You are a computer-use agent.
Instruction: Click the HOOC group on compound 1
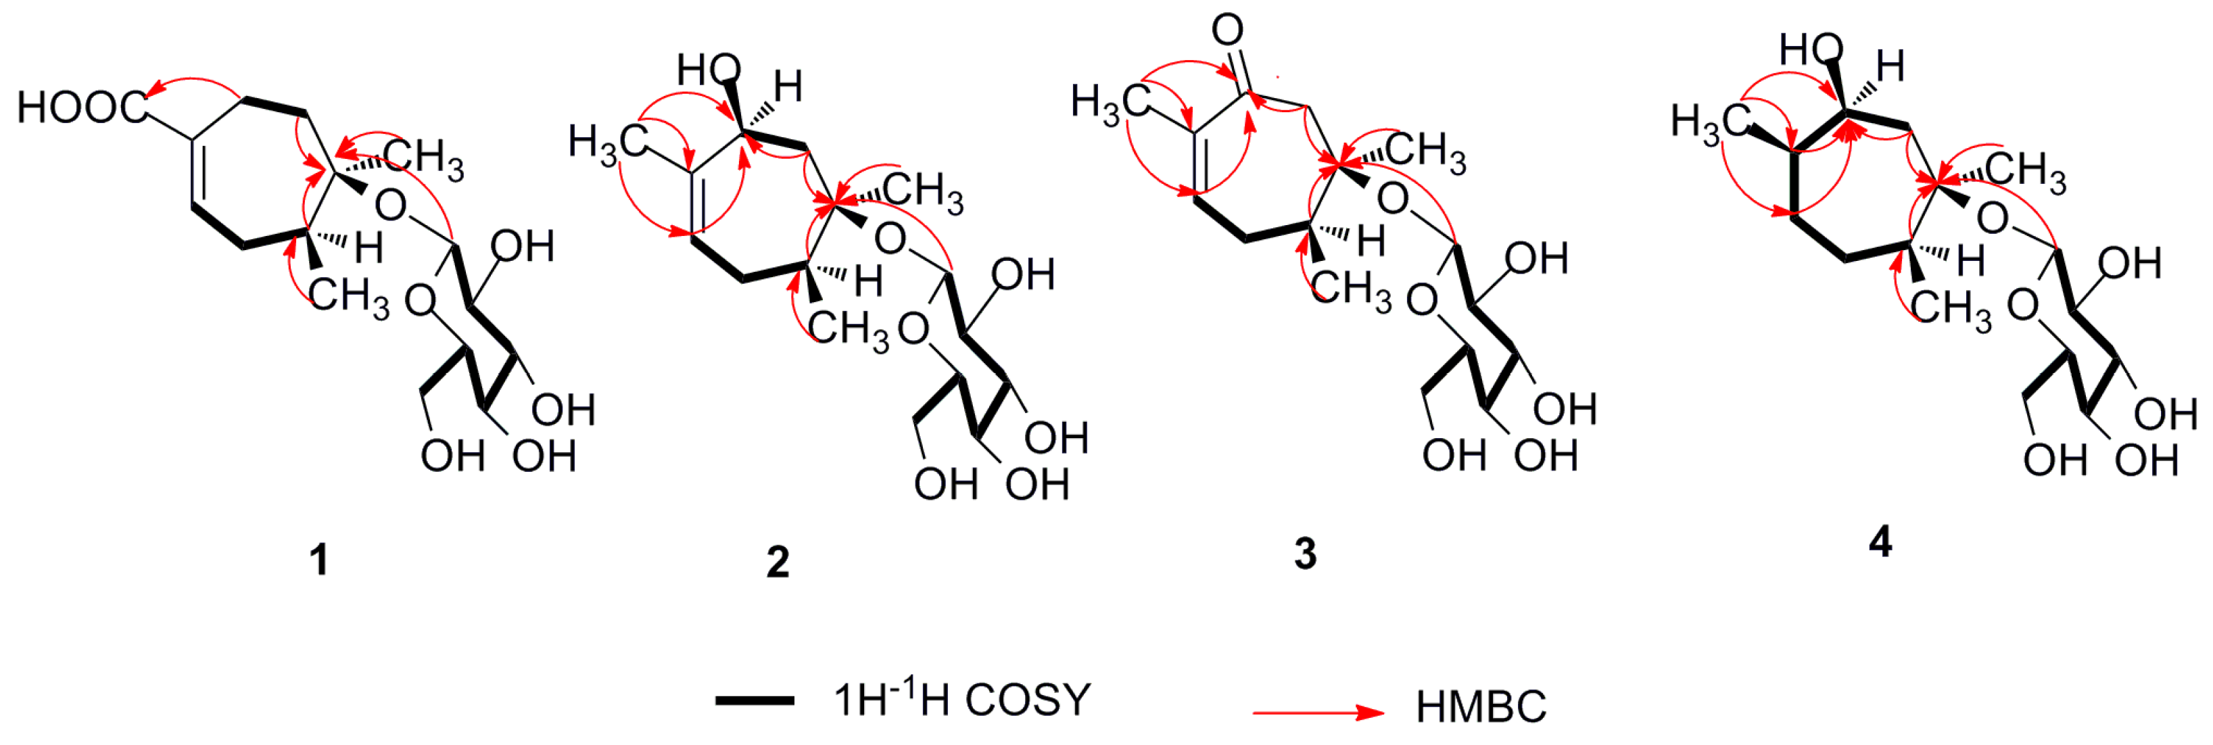(82, 107)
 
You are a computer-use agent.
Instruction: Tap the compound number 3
(1305, 554)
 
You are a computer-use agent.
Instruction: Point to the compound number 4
(1880, 542)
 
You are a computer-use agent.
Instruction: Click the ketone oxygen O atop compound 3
(1228, 31)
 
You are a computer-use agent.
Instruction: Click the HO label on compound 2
(708, 70)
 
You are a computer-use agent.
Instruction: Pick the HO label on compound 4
(1810, 51)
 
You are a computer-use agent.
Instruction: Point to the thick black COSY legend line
(755, 701)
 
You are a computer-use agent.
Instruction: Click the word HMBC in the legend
(1480, 707)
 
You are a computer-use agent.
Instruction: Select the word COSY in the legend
(1028, 700)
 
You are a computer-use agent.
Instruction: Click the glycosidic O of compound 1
(391, 206)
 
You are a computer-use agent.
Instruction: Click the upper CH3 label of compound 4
(2025, 171)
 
